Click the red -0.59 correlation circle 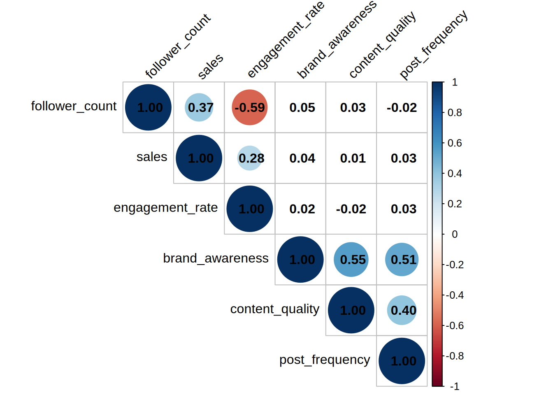tap(250, 107)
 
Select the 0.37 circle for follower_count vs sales tap(199, 107)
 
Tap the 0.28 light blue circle tap(250, 158)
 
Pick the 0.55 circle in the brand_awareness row tap(351, 260)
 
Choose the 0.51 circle tap(402, 260)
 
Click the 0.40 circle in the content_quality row tap(402, 310)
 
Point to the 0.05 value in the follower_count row tap(302, 107)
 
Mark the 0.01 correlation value tap(353, 158)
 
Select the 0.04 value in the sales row tap(302, 158)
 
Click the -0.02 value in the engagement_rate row tap(351, 209)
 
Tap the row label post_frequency tap(325, 360)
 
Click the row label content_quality tap(274, 309)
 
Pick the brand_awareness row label tap(216, 258)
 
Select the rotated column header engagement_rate tap(286, 40)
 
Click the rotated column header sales tap(210, 66)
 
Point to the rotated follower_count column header tap(178, 46)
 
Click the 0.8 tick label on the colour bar tap(455, 113)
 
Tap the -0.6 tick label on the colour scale tap(455, 326)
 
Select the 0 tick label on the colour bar tap(455, 235)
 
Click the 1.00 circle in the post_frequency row tap(402, 361)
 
